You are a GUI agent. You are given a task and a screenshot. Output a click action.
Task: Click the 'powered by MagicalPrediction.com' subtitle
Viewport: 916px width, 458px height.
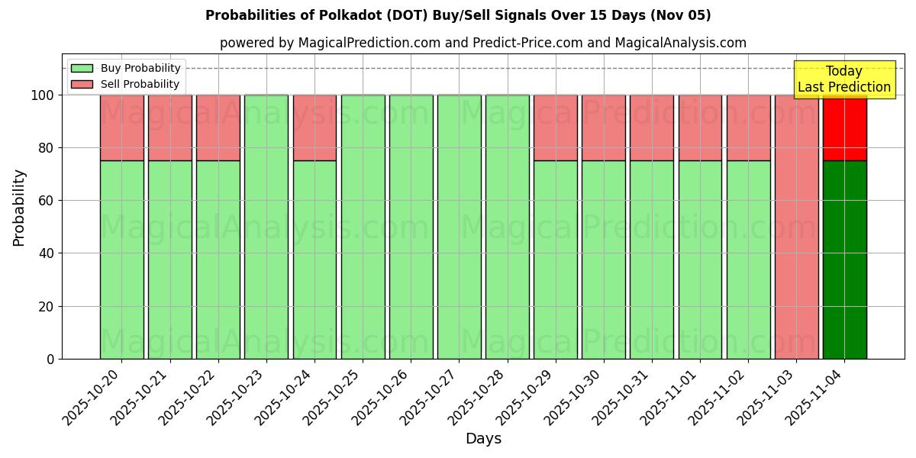[x=482, y=43]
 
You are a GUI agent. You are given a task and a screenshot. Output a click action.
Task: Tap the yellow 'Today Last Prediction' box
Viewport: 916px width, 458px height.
[x=843, y=79]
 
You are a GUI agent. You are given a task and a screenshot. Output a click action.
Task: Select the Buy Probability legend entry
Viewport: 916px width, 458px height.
[x=126, y=68]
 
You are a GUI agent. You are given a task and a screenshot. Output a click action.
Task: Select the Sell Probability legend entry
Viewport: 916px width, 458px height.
[x=126, y=84]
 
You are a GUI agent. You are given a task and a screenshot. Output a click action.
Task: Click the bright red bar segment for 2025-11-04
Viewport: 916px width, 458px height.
[x=844, y=127]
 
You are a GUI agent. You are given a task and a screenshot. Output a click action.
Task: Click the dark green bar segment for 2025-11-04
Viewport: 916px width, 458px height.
[x=844, y=260]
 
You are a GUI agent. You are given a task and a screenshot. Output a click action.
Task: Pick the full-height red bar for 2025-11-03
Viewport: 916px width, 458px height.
[x=796, y=227]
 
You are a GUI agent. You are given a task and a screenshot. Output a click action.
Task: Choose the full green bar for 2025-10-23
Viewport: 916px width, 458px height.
[x=266, y=227]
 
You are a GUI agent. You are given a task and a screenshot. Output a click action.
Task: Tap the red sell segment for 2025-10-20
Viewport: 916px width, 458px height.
[x=121, y=127]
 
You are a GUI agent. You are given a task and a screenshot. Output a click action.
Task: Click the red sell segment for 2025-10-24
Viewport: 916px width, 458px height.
[x=314, y=127]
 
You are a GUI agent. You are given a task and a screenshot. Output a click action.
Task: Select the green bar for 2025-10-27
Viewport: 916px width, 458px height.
[x=459, y=227]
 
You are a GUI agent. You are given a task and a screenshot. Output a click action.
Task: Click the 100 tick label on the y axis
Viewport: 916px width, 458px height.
[x=44, y=95]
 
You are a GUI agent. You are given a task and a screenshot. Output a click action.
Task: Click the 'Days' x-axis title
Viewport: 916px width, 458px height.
[x=483, y=439]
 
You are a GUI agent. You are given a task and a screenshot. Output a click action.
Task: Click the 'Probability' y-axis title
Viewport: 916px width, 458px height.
[x=19, y=207]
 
